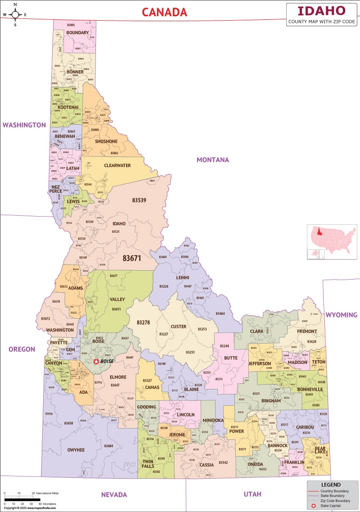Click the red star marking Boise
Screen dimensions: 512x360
[x=96, y=362]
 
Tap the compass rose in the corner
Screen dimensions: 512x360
[x=15, y=14]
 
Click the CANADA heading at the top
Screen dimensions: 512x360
[x=164, y=12]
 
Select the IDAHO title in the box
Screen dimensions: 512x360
[x=322, y=11]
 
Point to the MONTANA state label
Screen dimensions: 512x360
[x=212, y=160]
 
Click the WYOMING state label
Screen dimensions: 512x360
[x=342, y=315]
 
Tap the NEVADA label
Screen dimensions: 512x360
[x=114, y=494]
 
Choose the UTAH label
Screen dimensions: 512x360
[x=252, y=494]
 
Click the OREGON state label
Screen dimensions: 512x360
[x=22, y=349]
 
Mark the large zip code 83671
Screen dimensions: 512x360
[x=132, y=258]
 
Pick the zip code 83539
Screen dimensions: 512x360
[x=139, y=200]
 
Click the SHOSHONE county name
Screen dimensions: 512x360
[x=106, y=141]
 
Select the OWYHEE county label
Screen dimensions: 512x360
[x=76, y=450]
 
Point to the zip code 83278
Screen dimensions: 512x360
[x=143, y=322]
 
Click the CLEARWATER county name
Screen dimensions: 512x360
[x=117, y=165]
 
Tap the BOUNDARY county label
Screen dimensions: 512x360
[x=77, y=33]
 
